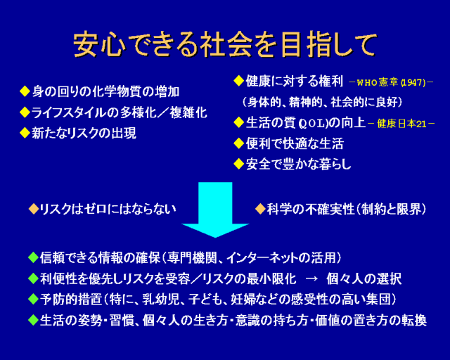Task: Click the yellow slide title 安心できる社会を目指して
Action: coord(225,44)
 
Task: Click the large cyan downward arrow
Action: coord(215,208)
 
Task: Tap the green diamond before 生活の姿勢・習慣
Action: coord(32,320)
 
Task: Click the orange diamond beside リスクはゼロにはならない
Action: coord(32,209)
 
